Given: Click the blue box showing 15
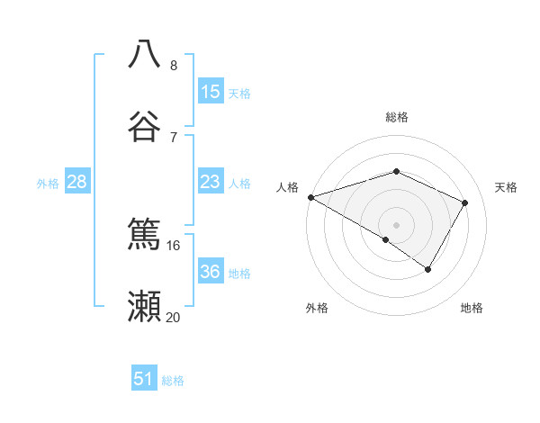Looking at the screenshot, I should click(211, 92).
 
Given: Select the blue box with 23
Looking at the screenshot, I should click(211, 183).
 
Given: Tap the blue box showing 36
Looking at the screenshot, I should click(211, 273).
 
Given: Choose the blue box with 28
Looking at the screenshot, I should click(77, 183).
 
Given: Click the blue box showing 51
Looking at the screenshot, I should click(144, 379).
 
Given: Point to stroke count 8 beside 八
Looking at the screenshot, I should click(174, 65).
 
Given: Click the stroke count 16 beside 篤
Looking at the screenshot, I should click(174, 245).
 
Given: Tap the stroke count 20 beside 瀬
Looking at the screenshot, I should click(174, 317).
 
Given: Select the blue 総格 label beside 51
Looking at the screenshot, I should click(173, 381).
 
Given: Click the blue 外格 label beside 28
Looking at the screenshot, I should click(48, 184).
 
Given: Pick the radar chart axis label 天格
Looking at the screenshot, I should click(507, 187).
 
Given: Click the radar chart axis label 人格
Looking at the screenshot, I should click(288, 187).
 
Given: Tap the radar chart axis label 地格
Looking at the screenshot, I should click(472, 308).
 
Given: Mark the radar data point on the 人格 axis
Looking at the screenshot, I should click(310, 197).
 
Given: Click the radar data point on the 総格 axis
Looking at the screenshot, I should click(396, 171).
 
